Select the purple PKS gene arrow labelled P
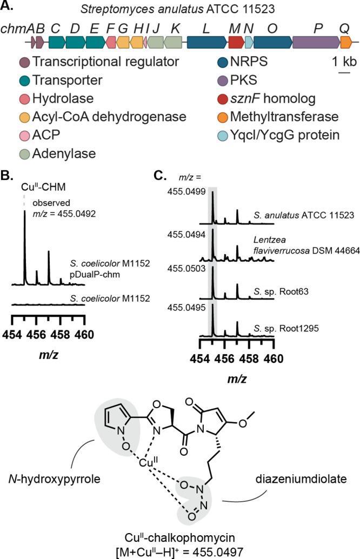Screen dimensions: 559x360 click(317, 41)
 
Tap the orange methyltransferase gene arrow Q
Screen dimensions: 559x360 click(346, 41)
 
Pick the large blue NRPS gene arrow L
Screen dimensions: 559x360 click(206, 41)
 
